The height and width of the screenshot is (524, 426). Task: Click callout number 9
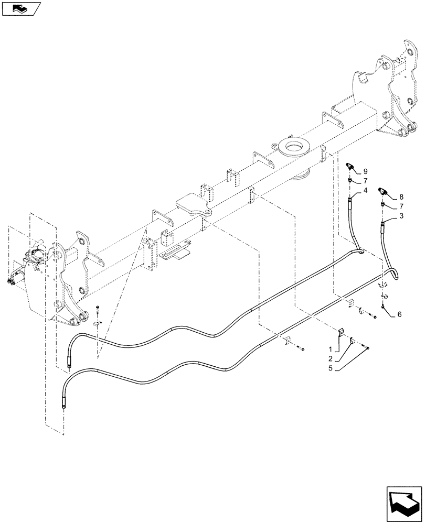(365, 170)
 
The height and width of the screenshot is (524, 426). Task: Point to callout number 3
(401, 215)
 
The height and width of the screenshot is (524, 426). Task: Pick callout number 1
(330, 349)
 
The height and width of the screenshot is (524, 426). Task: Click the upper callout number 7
(365, 180)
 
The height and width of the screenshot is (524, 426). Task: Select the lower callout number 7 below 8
(401, 205)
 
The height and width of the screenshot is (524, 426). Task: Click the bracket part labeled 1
(340, 333)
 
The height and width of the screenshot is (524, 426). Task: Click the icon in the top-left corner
(21, 8)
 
